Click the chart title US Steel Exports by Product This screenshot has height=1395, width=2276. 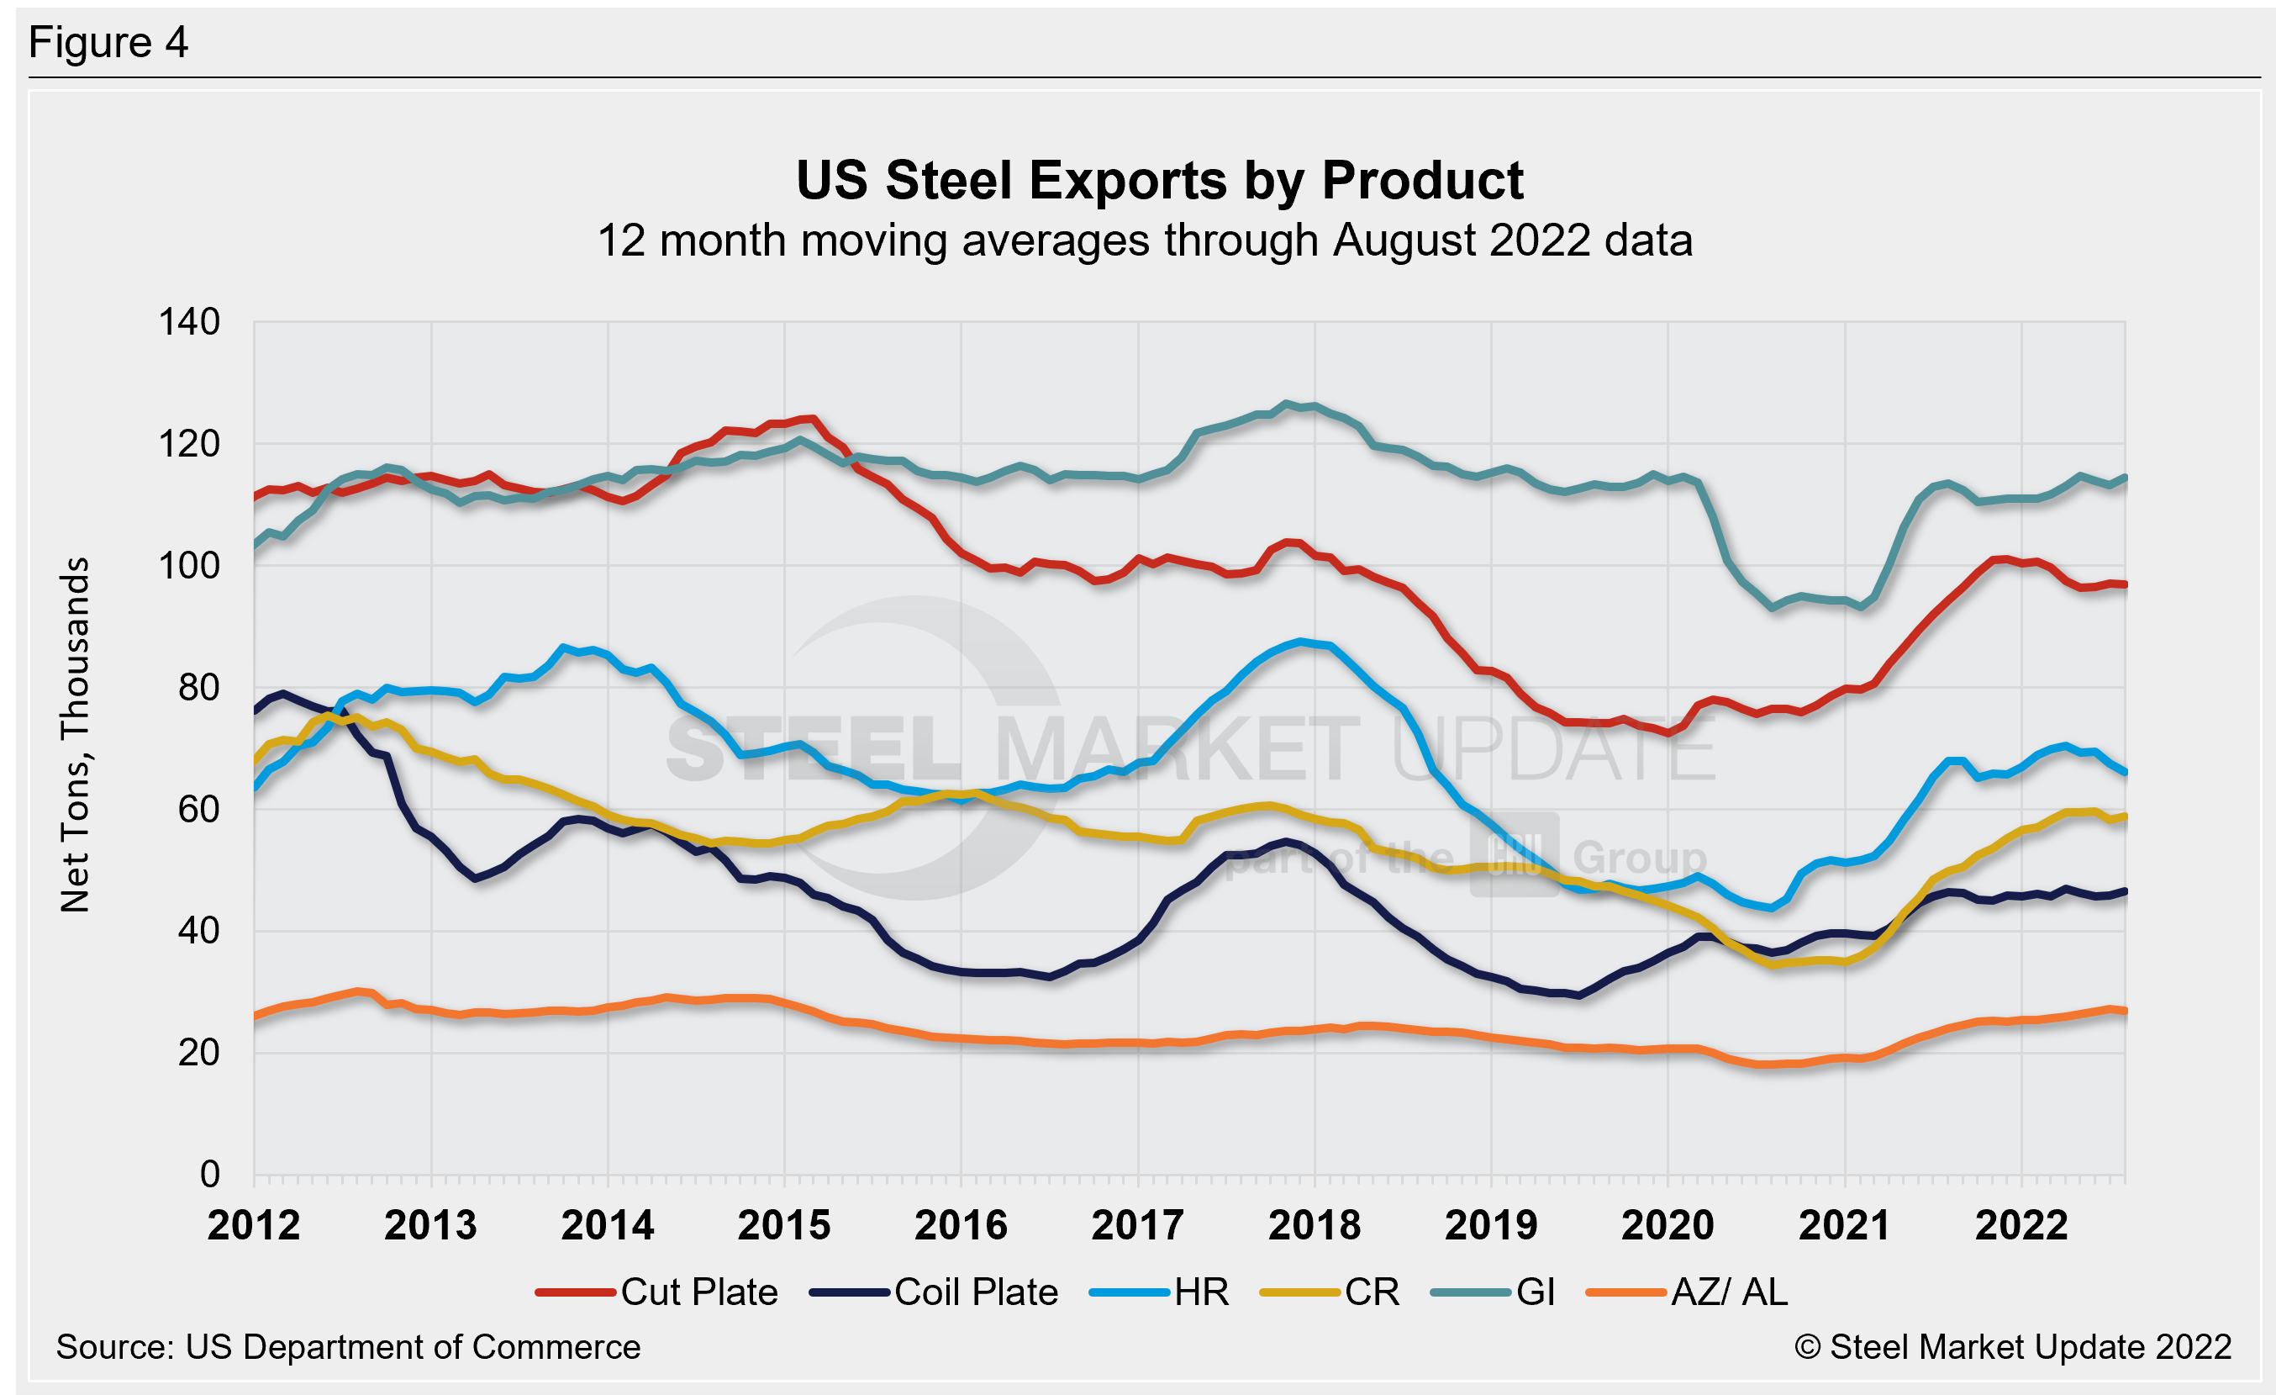point(1159,180)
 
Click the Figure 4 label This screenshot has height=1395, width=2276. point(108,44)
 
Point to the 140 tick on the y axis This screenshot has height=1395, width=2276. point(189,322)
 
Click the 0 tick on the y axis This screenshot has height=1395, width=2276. point(209,1174)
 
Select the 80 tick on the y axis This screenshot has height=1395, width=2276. point(198,687)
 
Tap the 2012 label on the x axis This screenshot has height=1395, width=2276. point(253,1226)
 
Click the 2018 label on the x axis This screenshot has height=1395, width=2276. point(1314,1226)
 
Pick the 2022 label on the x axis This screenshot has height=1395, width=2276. point(2021,1226)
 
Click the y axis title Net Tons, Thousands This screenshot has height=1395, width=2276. point(76,734)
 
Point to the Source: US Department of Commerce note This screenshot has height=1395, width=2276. point(348,1347)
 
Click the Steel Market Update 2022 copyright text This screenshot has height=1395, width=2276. point(2013,1347)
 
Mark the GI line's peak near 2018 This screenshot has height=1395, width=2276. point(1286,404)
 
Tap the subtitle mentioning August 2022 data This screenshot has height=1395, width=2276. point(1145,241)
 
